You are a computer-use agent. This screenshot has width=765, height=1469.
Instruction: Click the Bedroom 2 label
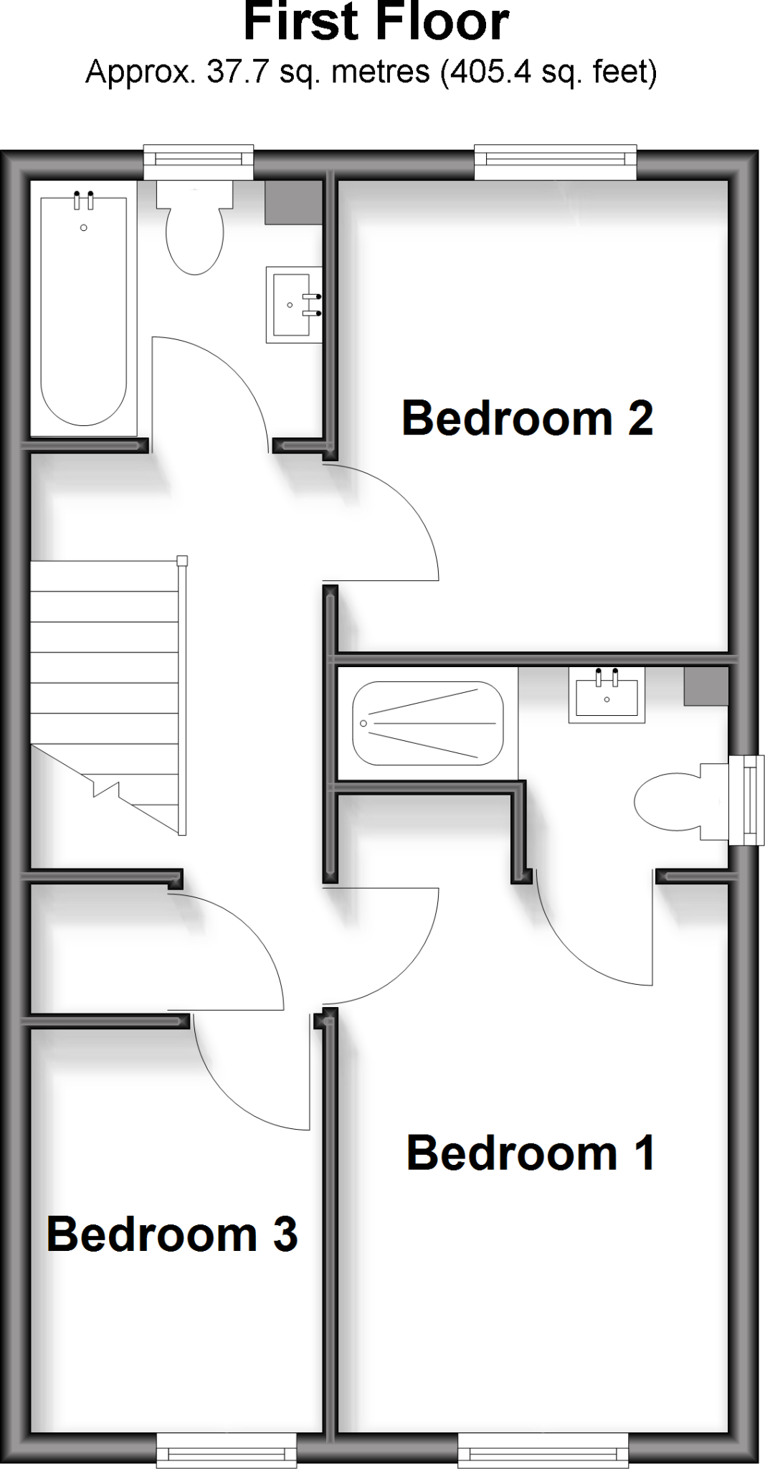527,418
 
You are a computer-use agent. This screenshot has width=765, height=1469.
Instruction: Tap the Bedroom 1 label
531,1153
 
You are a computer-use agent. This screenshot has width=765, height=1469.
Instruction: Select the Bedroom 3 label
172,1234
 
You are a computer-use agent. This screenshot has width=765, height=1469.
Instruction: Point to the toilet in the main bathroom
195,230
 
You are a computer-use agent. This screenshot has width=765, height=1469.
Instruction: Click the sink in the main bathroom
293,305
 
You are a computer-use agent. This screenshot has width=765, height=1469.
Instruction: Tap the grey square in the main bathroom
293,202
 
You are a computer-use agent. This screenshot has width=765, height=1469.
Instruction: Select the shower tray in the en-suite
427,723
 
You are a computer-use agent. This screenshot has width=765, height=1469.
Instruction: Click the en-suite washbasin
607,694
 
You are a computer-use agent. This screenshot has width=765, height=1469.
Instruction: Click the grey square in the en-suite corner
706,686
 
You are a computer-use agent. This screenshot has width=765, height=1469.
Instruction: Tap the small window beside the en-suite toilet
747,800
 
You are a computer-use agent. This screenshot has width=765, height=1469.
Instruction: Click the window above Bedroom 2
556,162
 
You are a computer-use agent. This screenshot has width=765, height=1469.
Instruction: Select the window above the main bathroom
199,162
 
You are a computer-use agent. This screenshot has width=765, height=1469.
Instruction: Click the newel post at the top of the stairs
182,561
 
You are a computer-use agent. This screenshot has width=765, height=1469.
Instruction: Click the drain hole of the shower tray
364,723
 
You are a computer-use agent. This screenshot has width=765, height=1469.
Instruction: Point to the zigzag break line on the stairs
106,789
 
